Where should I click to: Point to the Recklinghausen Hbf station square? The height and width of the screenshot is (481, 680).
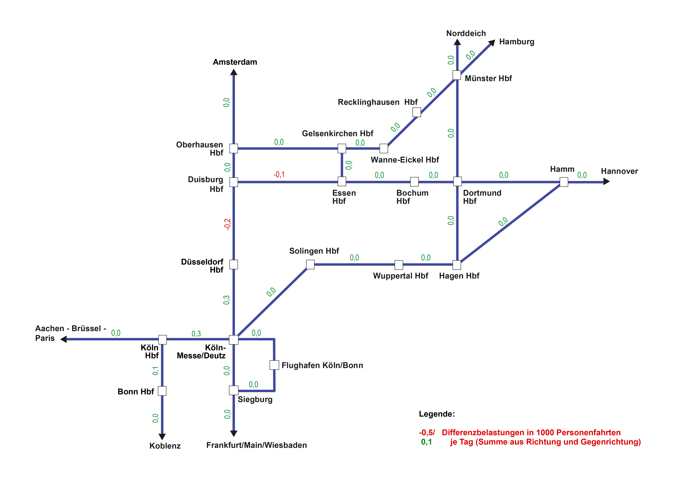[x=417, y=112]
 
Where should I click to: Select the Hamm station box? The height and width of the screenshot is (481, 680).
[x=564, y=182]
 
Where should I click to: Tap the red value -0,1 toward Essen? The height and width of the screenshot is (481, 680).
[x=279, y=175]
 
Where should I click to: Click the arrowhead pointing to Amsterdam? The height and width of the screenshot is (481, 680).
[x=234, y=72]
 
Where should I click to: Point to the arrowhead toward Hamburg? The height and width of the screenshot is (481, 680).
[x=492, y=43]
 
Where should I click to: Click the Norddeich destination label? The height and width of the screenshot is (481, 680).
[x=466, y=33]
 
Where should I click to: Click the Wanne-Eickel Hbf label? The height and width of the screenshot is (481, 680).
[x=405, y=160]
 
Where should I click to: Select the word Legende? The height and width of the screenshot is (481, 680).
[x=436, y=414]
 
